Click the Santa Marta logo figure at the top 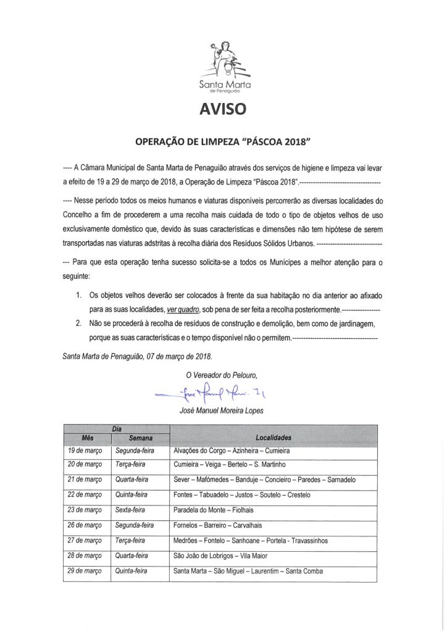pyautogui.click(x=223, y=59)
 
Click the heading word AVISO pyautogui.click(x=223, y=109)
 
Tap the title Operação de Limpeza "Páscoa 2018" pyautogui.click(x=223, y=141)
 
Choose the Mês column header pyautogui.click(x=87, y=438)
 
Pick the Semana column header pyautogui.click(x=141, y=438)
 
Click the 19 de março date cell pyautogui.click(x=85, y=451)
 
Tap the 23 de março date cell pyautogui.click(x=85, y=510)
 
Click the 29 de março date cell pyautogui.click(x=85, y=571)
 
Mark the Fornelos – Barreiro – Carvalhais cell pyautogui.click(x=222, y=525)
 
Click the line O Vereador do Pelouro pyautogui.click(x=221, y=374)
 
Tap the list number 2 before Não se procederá pyautogui.click(x=78, y=323)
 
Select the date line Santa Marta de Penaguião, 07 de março pyautogui.click(x=138, y=356)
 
